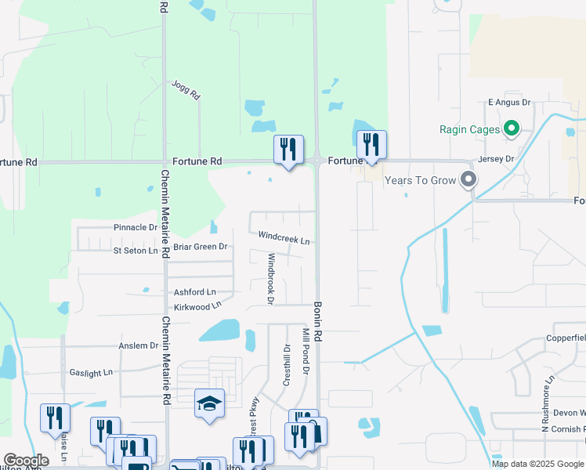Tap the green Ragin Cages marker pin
point(512,128)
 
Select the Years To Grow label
point(420,181)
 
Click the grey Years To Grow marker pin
point(468,180)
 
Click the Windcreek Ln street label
point(284,237)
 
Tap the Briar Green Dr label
point(200,247)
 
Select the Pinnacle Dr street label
point(136,227)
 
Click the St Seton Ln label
point(135,251)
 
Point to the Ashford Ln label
point(194,292)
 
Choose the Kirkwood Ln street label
point(197,306)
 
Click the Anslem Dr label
point(138,345)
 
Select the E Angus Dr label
point(509,103)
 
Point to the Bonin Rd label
point(318,320)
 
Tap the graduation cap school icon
point(209,403)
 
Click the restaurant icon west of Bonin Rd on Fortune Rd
point(288,148)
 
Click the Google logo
point(26,461)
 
